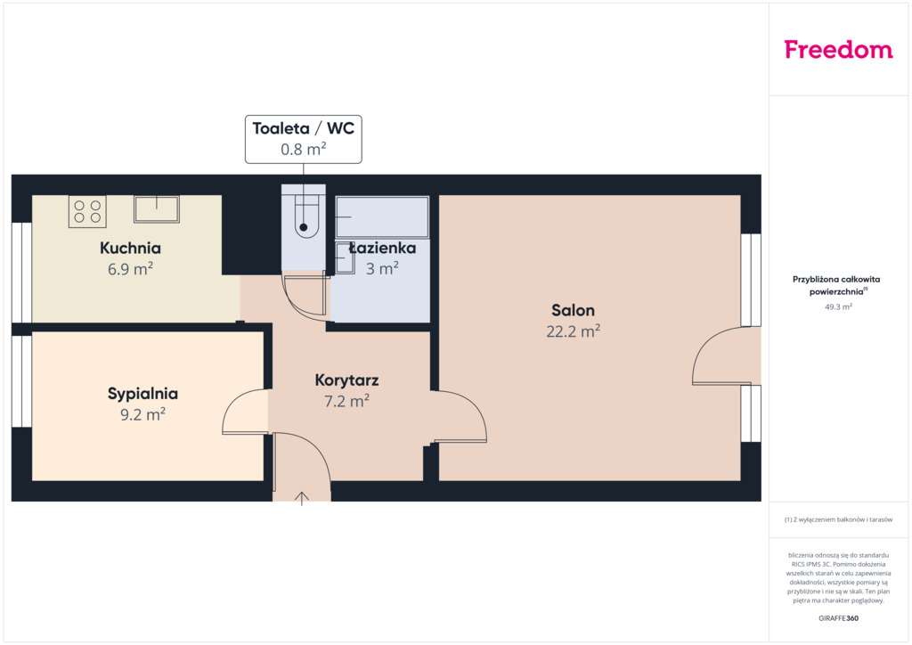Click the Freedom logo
pyautogui.click(x=838, y=50)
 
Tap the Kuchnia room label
pyautogui.click(x=130, y=248)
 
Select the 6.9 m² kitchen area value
pyautogui.click(x=130, y=268)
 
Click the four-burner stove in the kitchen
pyautogui.click(x=87, y=211)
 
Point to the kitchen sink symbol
pyautogui.click(x=157, y=208)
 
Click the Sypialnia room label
pyautogui.click(x=142, y=393)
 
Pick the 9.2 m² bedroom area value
pyautogui.click(x=142, y=413)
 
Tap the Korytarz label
pyautogui.click(x=346, y=380)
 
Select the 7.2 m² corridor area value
pyautogui.click(x=346, y=401)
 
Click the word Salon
pyautogui.click(x=573, y=311)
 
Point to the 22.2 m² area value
pyautogui.click(x=573, y=331)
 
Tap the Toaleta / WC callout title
pyautogui.click(x=303, y=128)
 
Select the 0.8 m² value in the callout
pyautogui.click(x=303, y=150)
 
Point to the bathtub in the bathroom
pyautogui.click(x=381, y=216)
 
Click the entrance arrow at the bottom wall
pyautogui.click(x=302, y=497)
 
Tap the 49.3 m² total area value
pyautogui.click(x=838, y=306)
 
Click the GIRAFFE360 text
pyautogui.click(x=838, y=618)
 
